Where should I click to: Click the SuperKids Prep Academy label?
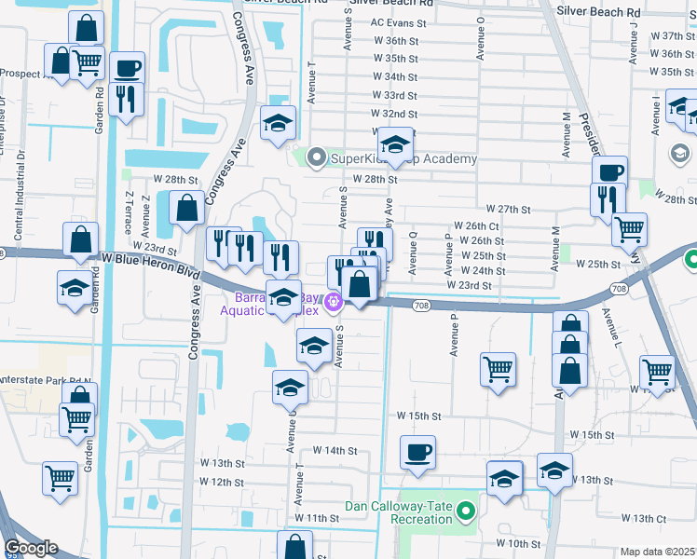click(x=404, y=158)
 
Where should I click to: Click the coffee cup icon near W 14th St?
click(x=417, y=453)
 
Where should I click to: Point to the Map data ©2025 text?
click(x=658, y=552)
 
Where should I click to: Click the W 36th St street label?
click(x=393, y=41)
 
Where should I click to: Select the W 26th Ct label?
click(x=476, y=226)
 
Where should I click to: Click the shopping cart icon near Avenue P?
click(x=498, y=367)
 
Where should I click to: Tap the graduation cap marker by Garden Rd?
click(x=75, y=287)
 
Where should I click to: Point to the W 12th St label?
click(x=221, y=483)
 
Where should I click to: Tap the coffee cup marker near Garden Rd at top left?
click(x=127, y=68)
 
